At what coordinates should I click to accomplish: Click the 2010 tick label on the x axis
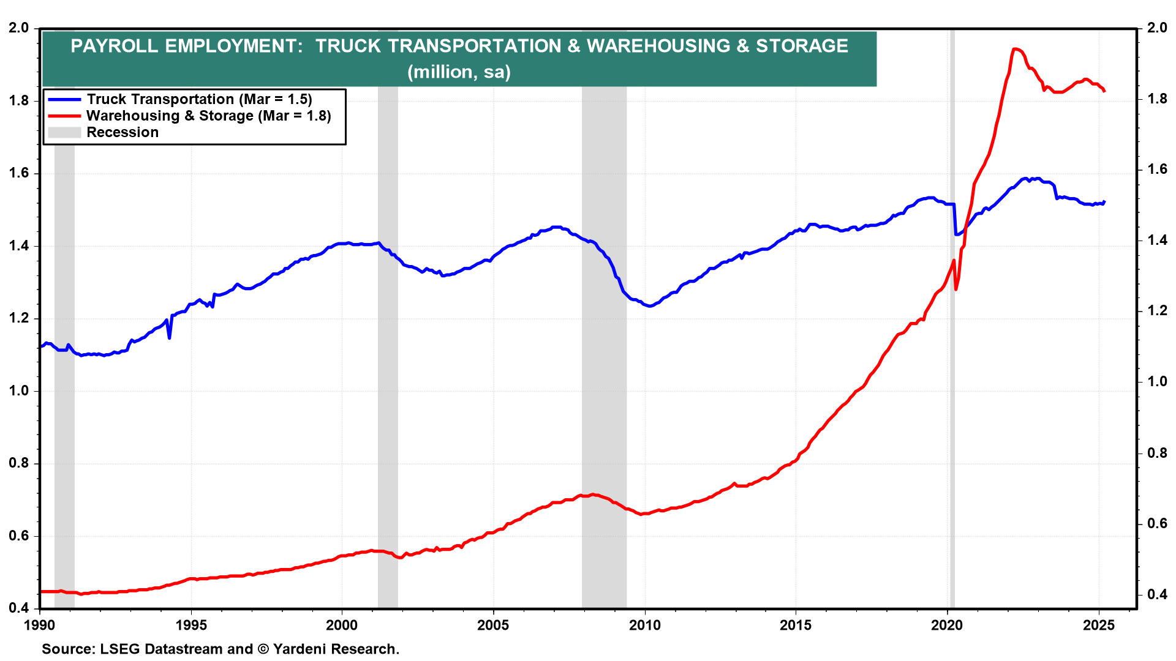644,626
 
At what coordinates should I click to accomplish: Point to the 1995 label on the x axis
191,626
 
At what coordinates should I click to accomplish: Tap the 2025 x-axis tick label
1099,626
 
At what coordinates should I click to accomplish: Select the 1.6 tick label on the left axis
19,173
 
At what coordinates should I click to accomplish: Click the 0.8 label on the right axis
1157,453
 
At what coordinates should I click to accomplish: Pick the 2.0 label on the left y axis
19,28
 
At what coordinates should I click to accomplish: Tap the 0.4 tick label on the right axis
1157,594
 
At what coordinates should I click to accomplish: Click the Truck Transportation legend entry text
199,99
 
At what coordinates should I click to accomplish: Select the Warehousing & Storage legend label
208,116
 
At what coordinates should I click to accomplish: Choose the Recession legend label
123,132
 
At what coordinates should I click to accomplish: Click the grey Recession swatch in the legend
64,132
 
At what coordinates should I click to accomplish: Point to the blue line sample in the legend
64,99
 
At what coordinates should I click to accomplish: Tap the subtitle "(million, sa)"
459,72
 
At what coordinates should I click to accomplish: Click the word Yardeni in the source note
301,649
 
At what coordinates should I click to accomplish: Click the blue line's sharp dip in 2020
956,234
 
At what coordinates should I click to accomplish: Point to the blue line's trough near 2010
649,306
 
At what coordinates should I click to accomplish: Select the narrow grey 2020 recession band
952,367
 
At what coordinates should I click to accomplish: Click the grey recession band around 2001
388,367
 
